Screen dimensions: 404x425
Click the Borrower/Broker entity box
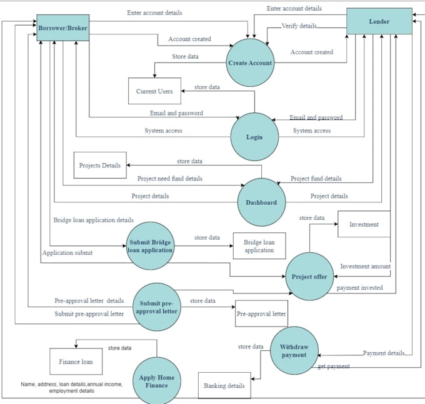(62, 28)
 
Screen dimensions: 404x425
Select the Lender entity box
(379, 22)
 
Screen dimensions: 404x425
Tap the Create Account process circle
(250, 63)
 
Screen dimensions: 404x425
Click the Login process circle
(254, 137)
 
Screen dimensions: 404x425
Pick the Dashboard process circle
(261, 202)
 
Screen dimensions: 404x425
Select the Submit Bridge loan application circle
(150, 245)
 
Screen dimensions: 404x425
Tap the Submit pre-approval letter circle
(156, 306)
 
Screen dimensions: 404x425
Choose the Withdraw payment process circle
(294, 351)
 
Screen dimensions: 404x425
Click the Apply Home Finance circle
(157, 381)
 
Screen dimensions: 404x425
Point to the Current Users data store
(154, 91)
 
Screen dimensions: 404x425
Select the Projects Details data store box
(100, 165)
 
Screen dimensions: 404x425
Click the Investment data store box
(364, 224)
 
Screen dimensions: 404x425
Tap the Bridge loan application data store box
(259, 246)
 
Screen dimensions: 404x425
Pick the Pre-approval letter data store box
(261, 314)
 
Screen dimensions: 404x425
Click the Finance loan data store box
(76, 362)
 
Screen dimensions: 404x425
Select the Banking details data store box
(224, 386)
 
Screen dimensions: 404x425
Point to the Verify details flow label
(298, 26)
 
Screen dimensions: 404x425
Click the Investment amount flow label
(365, 267)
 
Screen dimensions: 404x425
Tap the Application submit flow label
(67, 253)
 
